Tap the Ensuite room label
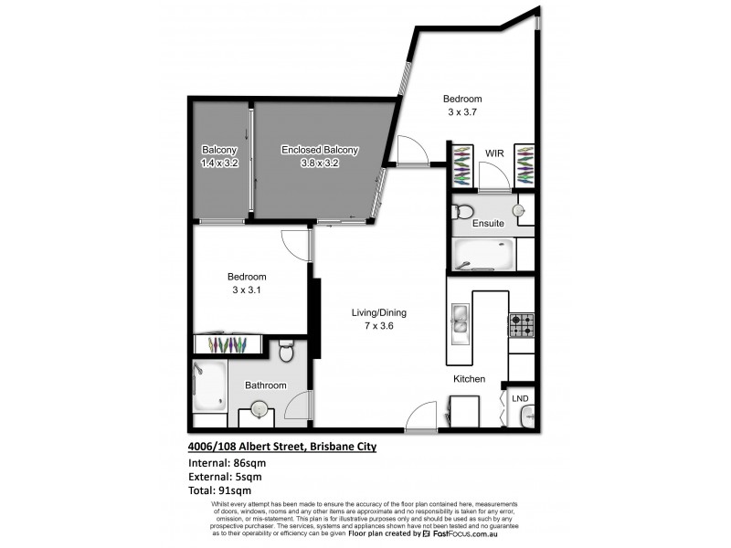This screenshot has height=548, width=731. [x=488, y=222]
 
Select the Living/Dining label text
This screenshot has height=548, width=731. [x=378, y=312]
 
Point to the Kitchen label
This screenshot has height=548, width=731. [x=469, y=379]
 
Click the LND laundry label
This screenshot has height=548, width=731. [x=520, y=398]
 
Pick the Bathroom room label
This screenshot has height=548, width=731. [x=265, y=385]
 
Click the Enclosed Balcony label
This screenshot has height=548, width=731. [x=320, y=151]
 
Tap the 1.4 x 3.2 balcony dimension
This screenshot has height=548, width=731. [x=219, y=163]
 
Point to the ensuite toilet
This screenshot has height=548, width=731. [x=463, y=212]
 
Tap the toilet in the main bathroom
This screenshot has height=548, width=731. [x=285, y=351]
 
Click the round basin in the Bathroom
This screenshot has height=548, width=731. [x=260, y=411]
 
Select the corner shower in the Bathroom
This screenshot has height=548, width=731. [x=209, y=387]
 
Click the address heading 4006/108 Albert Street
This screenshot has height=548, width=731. [x=281, y=447]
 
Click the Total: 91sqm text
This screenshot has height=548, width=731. [x=219, y=490]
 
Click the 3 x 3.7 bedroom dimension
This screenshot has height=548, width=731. [x=463, y=112]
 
